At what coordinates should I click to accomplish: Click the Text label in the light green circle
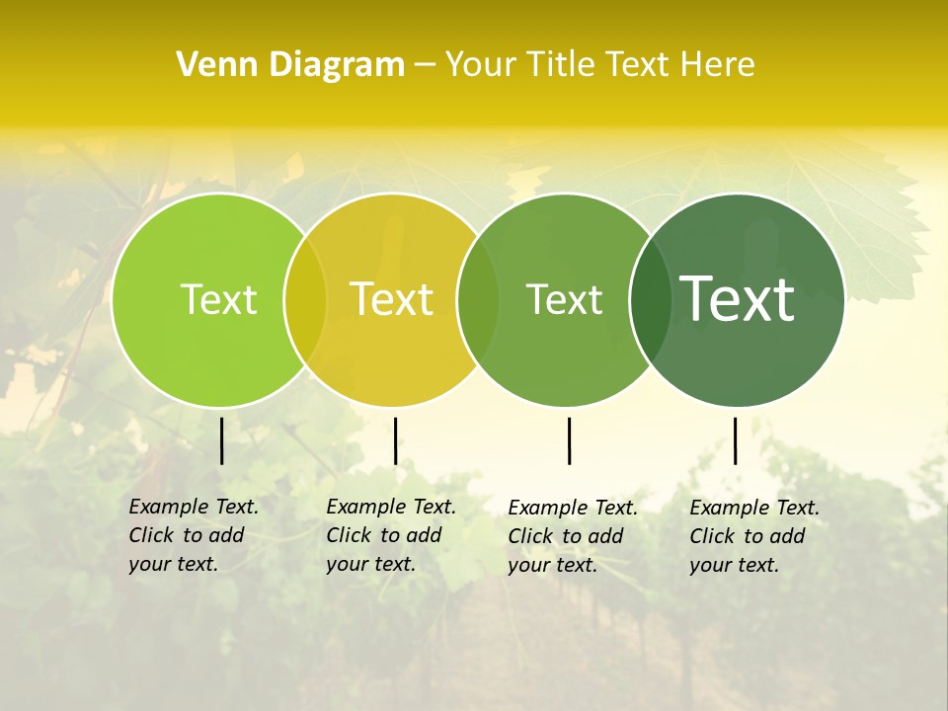[x=218, y=299]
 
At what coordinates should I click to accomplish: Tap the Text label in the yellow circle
[x=392, y=299]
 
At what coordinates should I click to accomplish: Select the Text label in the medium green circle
[x=565, y=299]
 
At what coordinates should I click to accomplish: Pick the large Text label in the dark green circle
[x=738, y=299]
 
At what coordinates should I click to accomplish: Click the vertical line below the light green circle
[x=222, y=440]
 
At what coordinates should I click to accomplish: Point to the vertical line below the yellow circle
[x=395, y=440]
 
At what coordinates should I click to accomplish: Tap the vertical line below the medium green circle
[x=569, y=440]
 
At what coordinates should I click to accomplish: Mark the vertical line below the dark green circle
[x=735, y=440]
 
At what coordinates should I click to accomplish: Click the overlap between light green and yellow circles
[x=305, y=299]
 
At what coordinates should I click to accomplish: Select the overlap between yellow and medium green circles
[x=478, y=299]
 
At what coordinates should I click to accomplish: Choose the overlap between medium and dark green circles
[x=651, y=299]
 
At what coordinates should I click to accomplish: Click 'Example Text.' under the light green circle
[x=194, y=507]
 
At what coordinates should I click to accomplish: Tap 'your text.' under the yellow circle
[x=370, y=565]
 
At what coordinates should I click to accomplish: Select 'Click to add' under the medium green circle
[x=566, y=536]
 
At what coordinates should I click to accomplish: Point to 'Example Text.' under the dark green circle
[x=754, y=508]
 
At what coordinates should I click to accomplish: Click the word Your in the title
[x=481, y=64]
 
